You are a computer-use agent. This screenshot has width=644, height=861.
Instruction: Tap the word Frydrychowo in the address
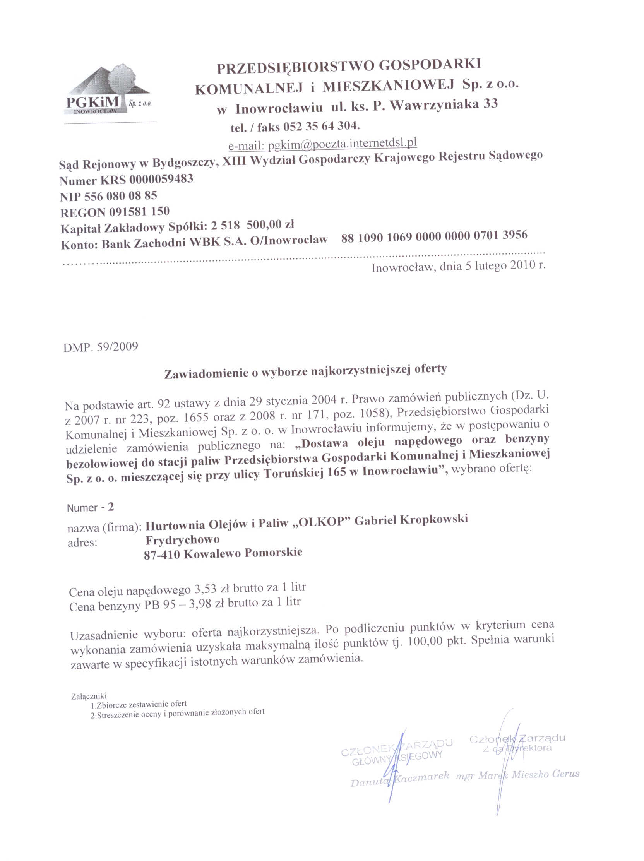pos(182,540)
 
